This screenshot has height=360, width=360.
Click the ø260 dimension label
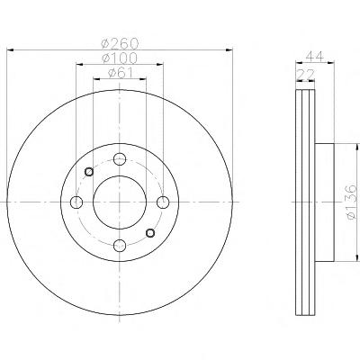point(120,44)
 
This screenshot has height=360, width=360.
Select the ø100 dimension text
point(120,58)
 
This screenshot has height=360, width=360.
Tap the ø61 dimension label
point(120,73)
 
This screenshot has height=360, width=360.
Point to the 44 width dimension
point(315,57)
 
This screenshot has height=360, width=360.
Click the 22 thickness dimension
point(305,74)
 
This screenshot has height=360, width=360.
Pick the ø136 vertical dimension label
point(352,202)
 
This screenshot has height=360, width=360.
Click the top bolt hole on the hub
point(120,158)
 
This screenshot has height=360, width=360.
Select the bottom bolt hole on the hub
point(120,246)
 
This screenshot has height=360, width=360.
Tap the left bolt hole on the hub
point(76,202)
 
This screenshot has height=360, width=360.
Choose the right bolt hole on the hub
point(163,202)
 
